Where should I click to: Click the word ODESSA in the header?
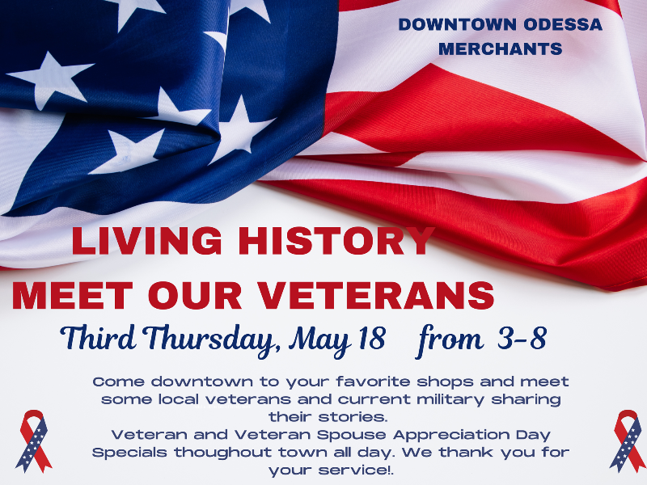(x=563, y=24)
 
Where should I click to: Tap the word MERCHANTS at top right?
(x=500, y=49)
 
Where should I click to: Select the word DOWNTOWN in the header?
(x=458, y=24)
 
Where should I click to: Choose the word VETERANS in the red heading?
(x=376, y=295)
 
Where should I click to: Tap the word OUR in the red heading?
(x=195, y=295)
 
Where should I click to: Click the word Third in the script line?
(x=98, y=337)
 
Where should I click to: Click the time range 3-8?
(x=522, y=338)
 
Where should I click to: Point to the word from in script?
(x=450, y=340)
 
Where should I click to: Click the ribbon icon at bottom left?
(x=34, y=441)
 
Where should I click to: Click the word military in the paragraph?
(x=450, y=400)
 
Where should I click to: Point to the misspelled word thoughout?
(x=223, y=453)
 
